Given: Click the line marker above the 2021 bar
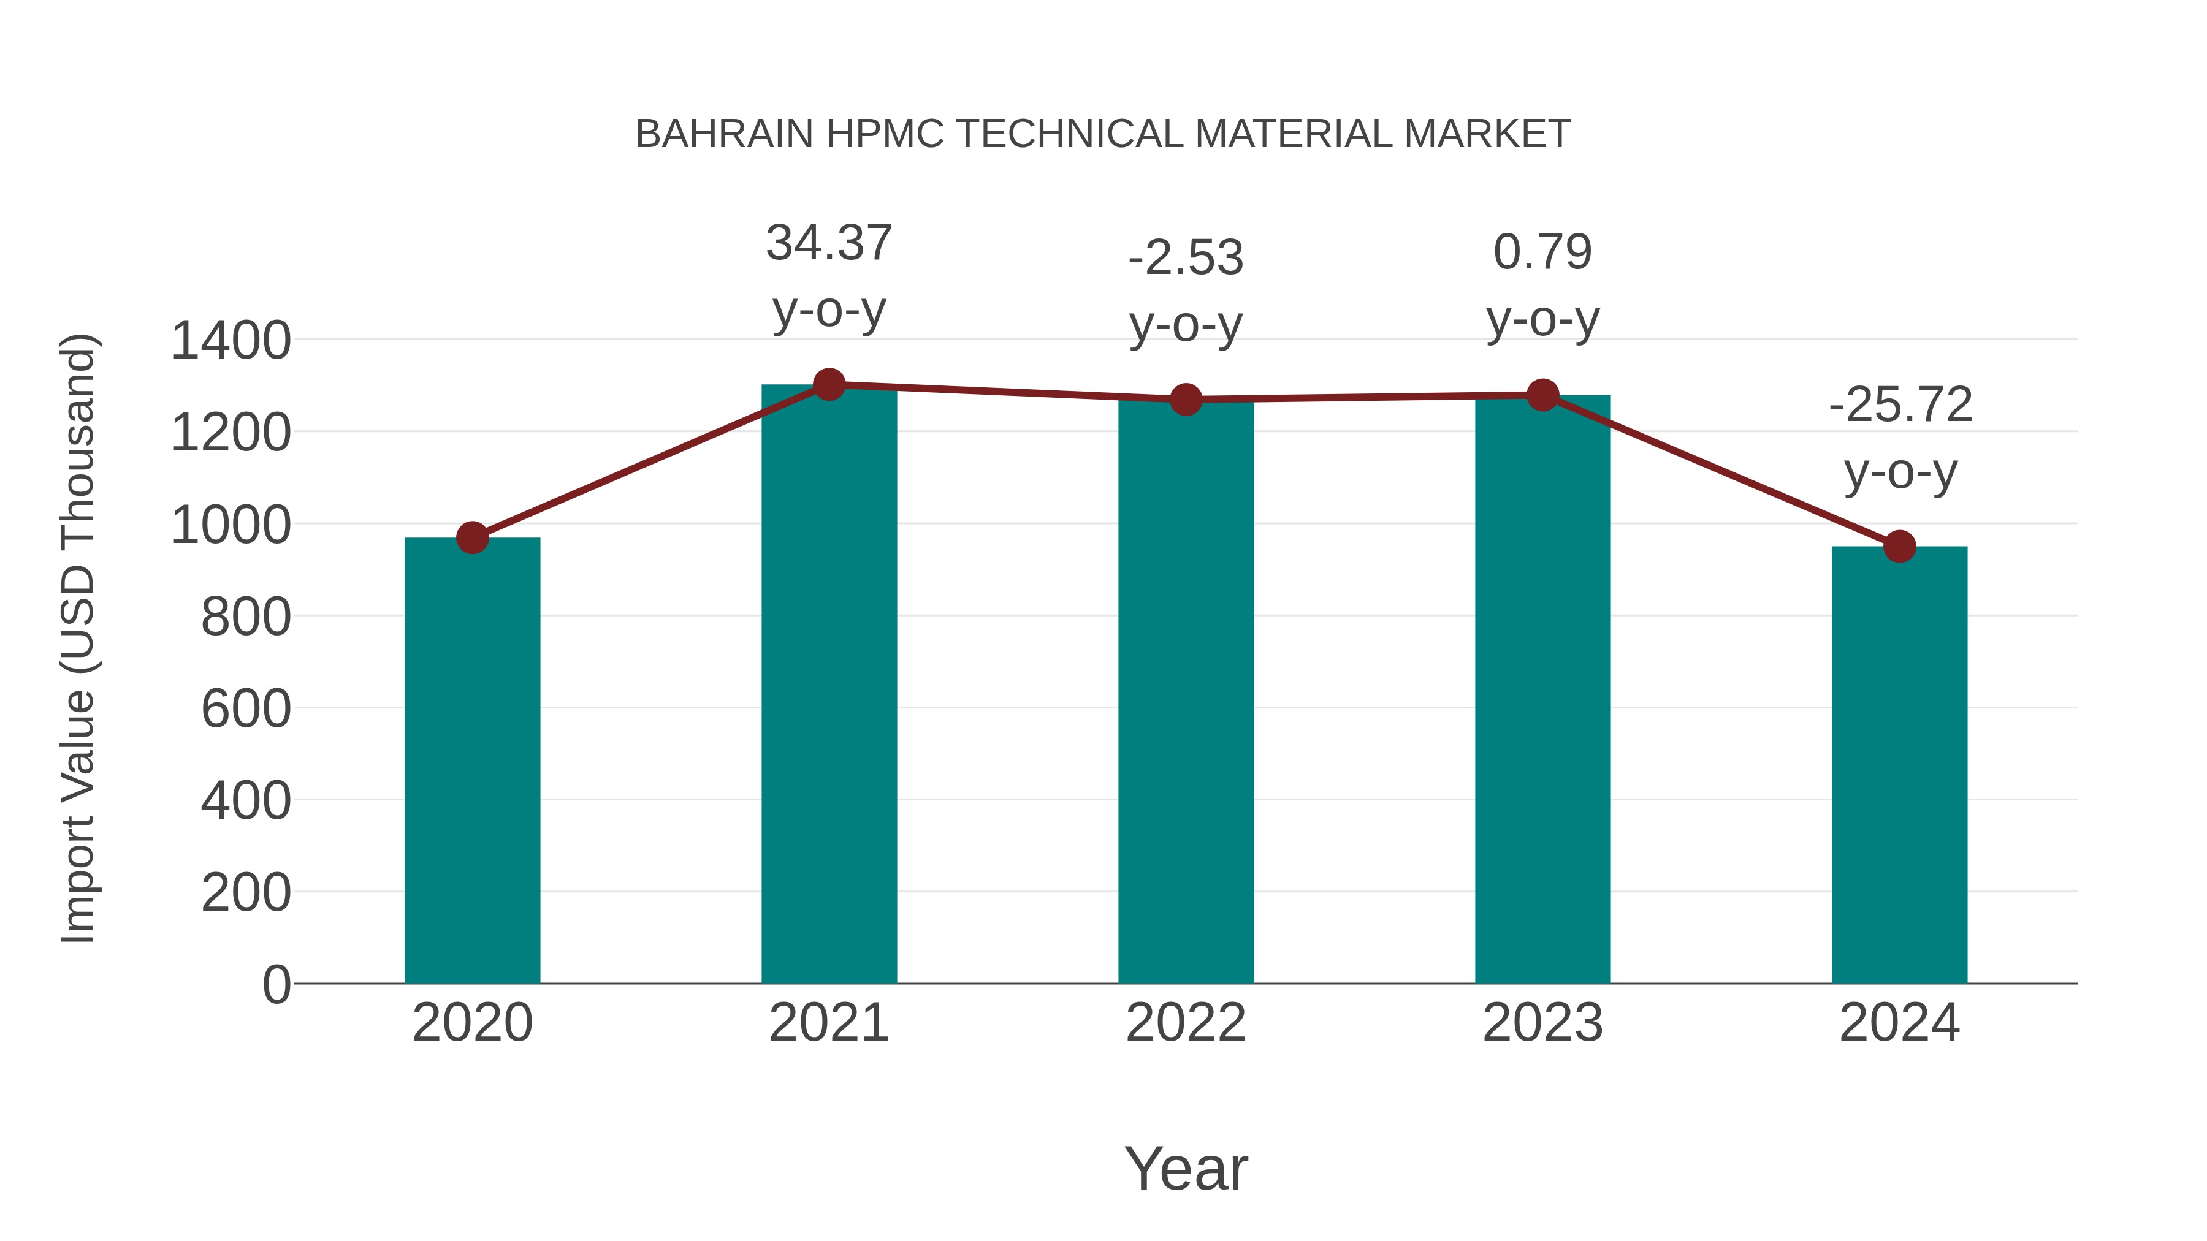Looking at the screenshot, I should (x=828, y=384).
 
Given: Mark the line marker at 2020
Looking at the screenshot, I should (x=472, y=538).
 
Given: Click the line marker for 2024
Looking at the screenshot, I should (x=1899, y=547).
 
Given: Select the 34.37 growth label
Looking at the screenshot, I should (x=828, y=243).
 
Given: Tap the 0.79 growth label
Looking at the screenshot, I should (x=1542, y=252).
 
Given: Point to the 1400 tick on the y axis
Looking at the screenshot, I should (x=231, y=341).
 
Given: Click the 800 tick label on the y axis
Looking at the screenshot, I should (x=245, y=617).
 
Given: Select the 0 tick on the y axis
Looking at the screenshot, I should (x=276, y=985).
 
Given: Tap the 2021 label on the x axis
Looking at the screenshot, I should (x=828, y=1023).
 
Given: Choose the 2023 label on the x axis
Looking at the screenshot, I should (x=1542, y=1023).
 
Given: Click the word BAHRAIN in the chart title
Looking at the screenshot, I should (x=724, y=134).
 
